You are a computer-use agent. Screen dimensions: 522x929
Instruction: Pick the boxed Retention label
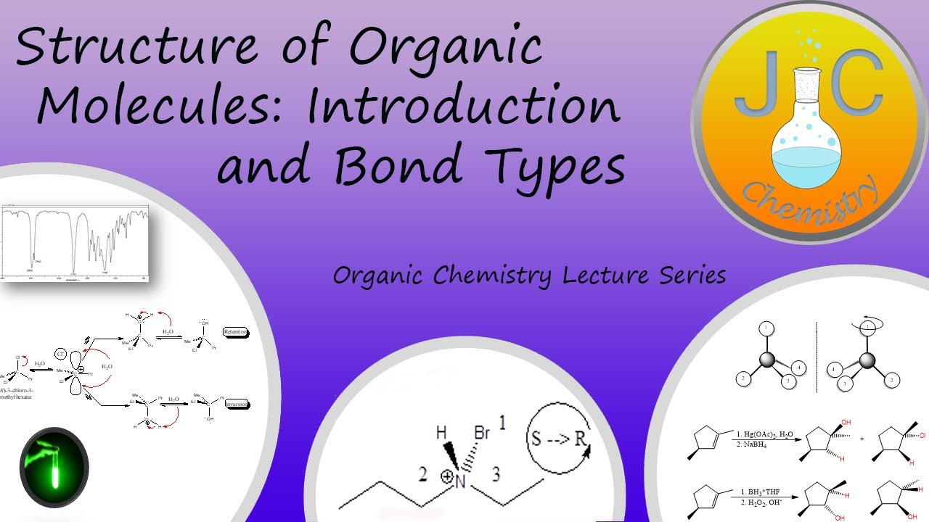235,332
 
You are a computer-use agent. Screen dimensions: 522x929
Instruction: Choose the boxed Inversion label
236,404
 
